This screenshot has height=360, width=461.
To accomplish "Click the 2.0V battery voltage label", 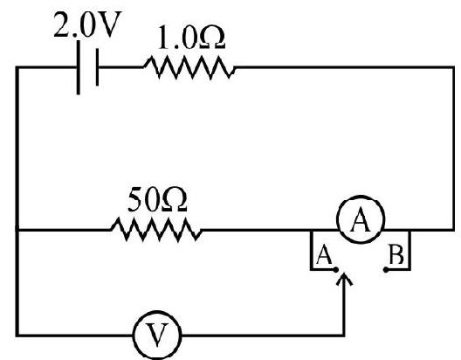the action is (x=86, y=24).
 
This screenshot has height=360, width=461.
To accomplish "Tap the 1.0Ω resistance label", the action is (x=191, y=38).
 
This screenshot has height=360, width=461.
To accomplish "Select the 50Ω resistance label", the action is (x=157, y=199).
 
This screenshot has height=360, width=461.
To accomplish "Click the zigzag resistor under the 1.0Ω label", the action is (x=189, y=67).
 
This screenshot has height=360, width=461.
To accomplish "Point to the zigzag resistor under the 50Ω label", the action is (x=156, y=230).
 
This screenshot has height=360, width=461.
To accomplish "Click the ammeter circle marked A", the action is (x=361, y=219).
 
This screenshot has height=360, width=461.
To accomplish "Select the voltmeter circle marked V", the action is (x=157, y=335).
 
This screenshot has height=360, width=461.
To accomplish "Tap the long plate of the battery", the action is (x=79, y=67).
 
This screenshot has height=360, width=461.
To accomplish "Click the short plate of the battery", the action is (x=97, y=67).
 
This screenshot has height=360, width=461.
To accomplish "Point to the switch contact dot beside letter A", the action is (x=336, y=270).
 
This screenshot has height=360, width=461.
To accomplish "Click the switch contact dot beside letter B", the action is (x=386, y=270).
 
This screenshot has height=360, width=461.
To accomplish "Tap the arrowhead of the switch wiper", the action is (x=344, y=279).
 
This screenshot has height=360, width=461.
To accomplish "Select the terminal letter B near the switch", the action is (x=396, y=254).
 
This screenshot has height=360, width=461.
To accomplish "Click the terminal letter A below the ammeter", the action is (x=324, y=254).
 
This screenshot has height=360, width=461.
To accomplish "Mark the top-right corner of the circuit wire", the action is (x=453, y=67).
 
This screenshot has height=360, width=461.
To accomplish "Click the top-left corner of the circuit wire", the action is (x=17, y=67).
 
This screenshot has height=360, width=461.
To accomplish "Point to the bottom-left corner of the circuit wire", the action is (x=17, y=335).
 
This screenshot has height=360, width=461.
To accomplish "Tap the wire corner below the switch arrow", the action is (x=344, y=335).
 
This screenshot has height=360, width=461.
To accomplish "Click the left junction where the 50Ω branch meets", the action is (x=17, y=230).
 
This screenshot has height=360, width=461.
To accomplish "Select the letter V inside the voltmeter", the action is (x=157, y=336).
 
